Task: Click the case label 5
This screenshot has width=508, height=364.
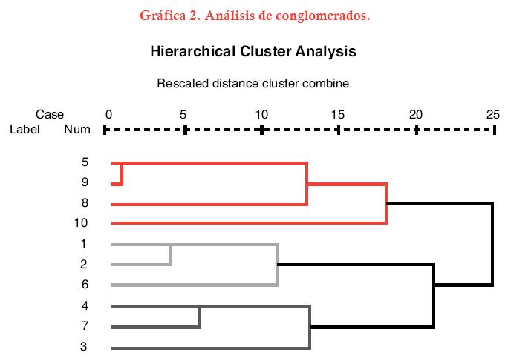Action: click(85, 162)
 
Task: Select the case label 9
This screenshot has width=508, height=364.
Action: click(85, 182)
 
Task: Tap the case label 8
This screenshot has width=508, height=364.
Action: click(85, 202)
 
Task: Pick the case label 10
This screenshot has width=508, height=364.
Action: click(82, 222)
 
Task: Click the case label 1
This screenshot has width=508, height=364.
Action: click(85, 243)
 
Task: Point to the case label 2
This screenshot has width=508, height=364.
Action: click(85, 264)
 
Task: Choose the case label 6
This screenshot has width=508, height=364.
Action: click(85, 284)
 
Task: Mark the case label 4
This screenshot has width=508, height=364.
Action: click(85, 305)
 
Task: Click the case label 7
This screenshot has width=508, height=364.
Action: click(85, 325)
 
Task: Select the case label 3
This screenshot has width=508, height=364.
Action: click(85, 346)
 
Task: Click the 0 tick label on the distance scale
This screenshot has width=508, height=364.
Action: click(108, 114)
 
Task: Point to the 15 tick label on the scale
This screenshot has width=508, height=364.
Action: click(338, 114)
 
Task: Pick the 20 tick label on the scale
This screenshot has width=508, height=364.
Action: click(416, 114)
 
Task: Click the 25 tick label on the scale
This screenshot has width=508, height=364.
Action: click(492, 114)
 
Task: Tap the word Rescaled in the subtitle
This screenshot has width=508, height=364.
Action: click(181, 83)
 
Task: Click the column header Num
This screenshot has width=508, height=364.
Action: click(77, 129)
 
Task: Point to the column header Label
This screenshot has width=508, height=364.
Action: click(24, 129)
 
